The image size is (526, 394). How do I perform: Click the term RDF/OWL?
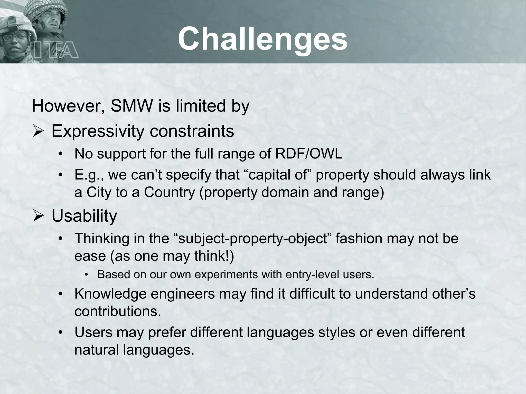[309, 154]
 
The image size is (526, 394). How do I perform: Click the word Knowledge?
[110, 294]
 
